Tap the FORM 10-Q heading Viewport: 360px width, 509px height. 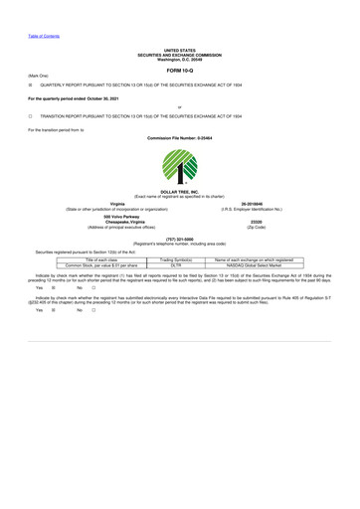pyautogui.click(x=180, y=72)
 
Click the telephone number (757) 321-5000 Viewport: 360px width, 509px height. pyautogui.click(x=180, y=239)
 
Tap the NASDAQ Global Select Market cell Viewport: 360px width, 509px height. pyautogui.click(x=262, y=265)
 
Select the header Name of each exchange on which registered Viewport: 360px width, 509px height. pyautogui.click(x=262, y=259)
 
